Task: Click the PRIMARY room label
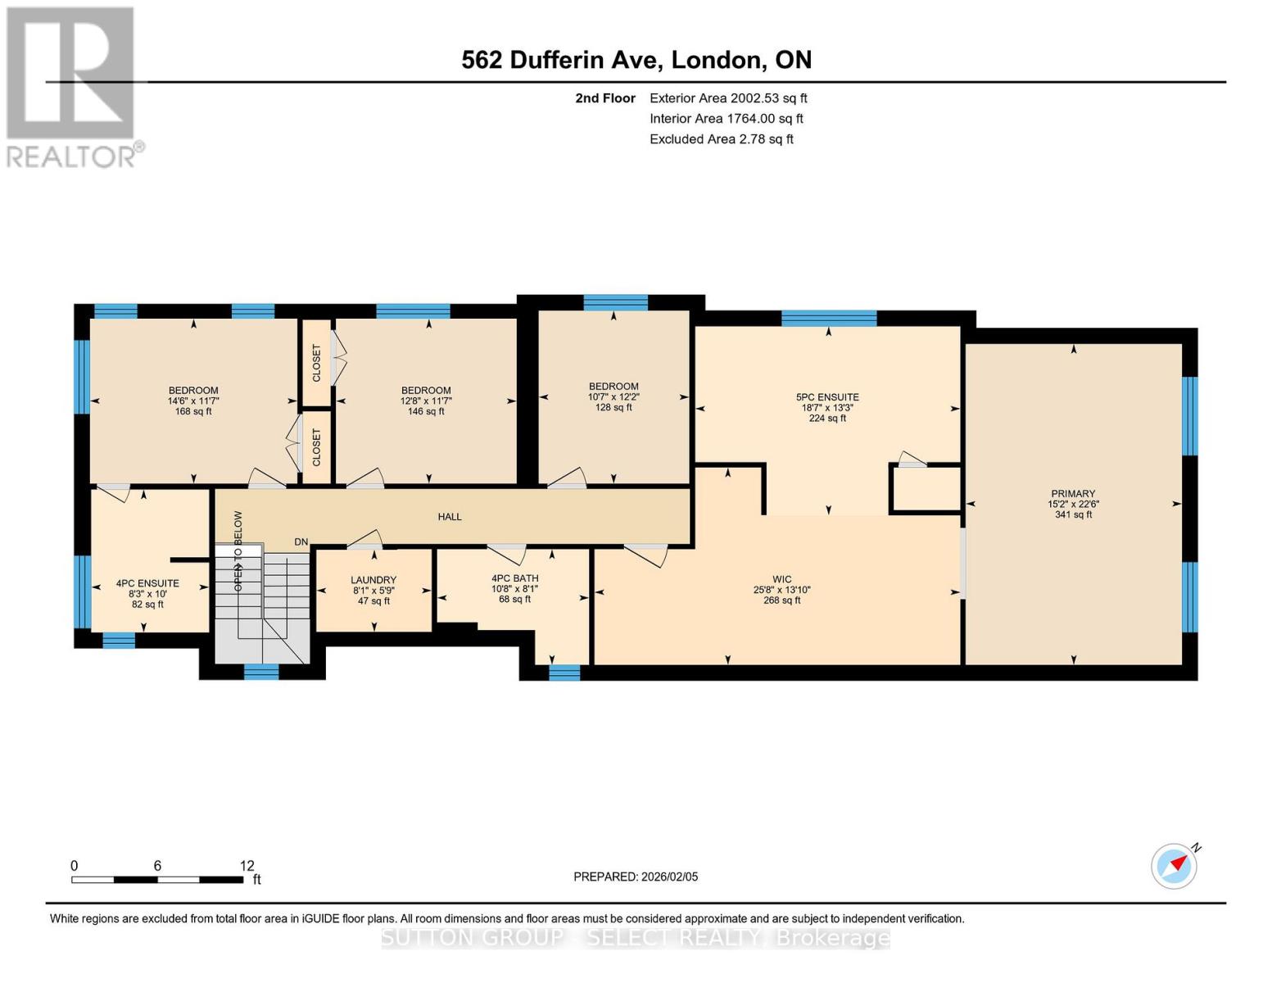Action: click(1073, 494)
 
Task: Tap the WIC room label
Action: click(781, 579)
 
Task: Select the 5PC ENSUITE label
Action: click(827, 397)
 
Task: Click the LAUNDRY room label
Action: click(373, 580)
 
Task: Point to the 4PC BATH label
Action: click(514, 578)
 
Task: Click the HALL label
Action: click(450, 517)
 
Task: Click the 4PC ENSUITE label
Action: click(147, 584)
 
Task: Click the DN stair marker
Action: click(301, 542)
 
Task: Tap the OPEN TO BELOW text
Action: click(238, 551)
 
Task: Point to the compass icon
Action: click(1174, 866)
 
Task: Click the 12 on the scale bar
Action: click(247, 866)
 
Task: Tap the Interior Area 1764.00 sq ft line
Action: click(727, 119)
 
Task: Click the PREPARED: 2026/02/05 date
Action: click(636, 877)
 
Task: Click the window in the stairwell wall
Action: click(261, 672)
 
